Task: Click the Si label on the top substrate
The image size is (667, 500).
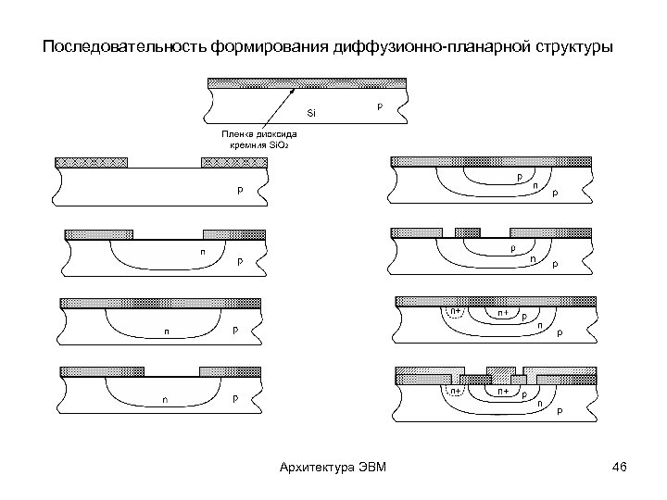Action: (311, 113)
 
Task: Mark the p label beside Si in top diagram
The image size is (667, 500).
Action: (378, 106)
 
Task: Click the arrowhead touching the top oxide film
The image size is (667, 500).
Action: (294, 89)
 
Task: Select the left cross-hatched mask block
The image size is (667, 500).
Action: (92, 163)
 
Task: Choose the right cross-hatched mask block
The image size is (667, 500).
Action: (234, 163)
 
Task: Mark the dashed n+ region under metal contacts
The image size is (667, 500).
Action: (456, 391)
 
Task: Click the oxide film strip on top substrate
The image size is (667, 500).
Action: (307, 82)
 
